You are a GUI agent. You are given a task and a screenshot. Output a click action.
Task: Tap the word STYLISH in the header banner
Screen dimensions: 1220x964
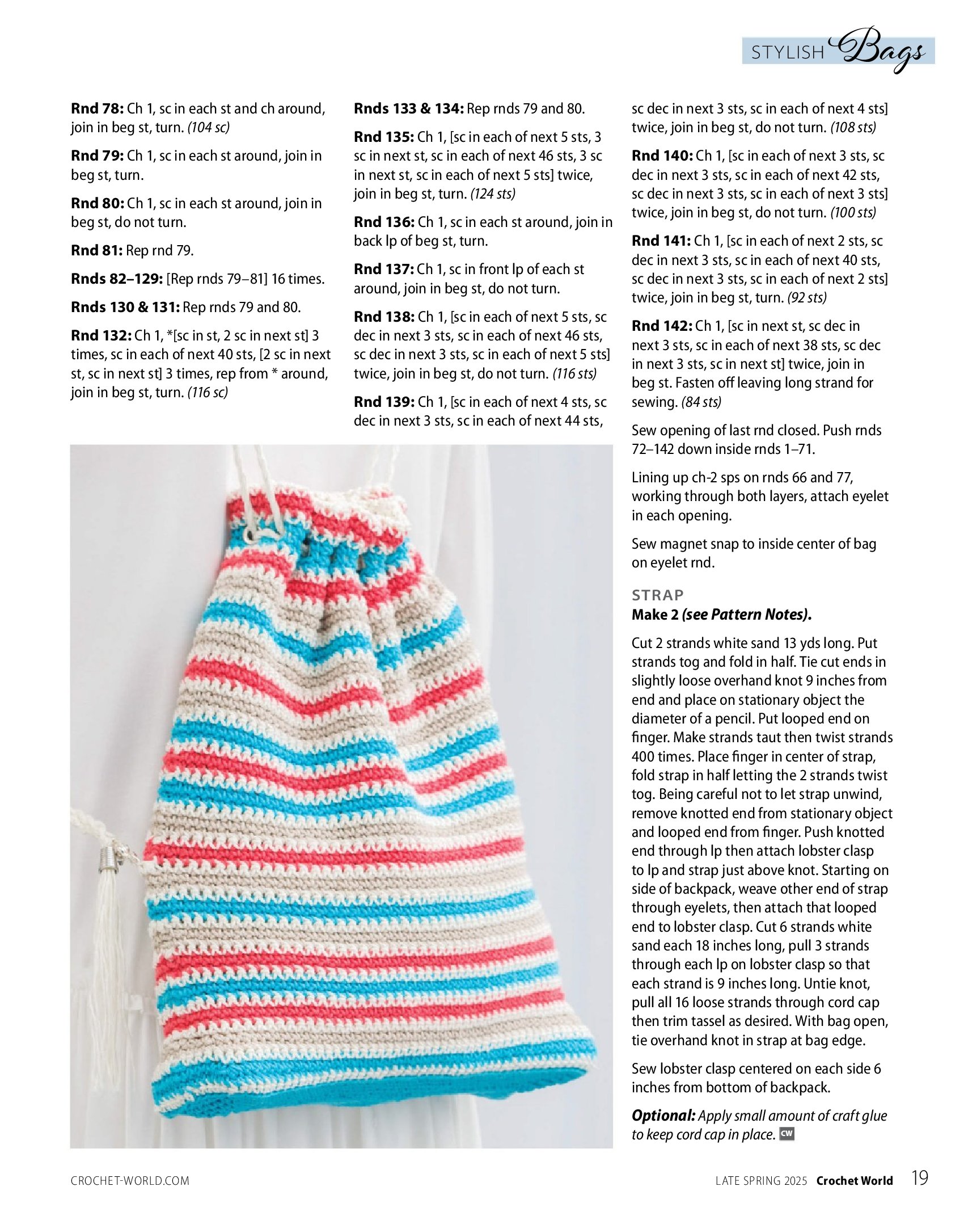tap(787, 53)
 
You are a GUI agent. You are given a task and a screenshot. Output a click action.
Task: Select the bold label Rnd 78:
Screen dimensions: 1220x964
tap(97, 108)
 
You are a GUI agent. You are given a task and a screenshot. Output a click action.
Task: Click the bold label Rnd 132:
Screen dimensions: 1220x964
tap(101, 335)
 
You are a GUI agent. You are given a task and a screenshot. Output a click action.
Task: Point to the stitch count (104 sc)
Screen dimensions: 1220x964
tap(209, 128)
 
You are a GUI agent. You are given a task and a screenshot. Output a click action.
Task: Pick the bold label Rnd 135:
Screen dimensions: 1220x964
tap(384, 137)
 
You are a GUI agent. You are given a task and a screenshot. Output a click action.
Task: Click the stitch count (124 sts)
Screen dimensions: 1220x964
tap(493, 194)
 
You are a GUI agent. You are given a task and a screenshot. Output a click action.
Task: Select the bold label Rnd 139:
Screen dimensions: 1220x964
tap(384, 402)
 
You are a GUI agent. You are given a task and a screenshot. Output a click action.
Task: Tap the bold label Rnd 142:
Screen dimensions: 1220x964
tap(662, 326)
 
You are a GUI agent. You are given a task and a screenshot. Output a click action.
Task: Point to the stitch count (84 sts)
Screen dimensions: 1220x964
tap(701, 402)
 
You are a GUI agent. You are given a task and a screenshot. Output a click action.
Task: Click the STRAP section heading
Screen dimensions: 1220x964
tap(658, 595)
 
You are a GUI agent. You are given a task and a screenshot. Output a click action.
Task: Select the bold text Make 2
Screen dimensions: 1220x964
tap(655, 615)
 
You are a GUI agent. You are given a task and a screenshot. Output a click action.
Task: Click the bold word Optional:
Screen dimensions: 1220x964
tap(663, 1116)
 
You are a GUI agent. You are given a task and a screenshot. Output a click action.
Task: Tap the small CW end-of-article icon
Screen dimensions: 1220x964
tap(787, 1134)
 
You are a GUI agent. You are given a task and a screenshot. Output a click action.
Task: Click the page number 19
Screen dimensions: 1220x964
tap(919, 1178)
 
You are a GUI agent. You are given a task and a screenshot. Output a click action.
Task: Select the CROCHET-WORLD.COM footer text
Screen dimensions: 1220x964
tap(130, 1181)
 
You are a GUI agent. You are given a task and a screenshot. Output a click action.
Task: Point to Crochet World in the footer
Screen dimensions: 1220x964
tap(854, 1181)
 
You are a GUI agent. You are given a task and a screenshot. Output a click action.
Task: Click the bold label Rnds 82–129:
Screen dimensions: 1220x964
tap(117, 279)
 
